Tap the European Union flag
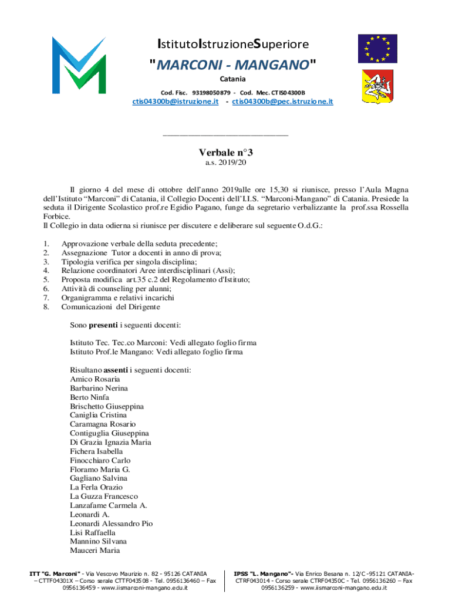377,48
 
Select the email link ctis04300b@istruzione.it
176,102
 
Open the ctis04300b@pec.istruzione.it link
282,102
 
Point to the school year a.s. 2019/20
225,163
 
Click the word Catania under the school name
232,79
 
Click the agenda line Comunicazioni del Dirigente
110,307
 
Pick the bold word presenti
103,325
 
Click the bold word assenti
116,370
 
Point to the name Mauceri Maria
95,551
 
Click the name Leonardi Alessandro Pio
111,524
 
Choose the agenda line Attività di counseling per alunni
116,289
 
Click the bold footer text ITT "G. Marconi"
56,573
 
